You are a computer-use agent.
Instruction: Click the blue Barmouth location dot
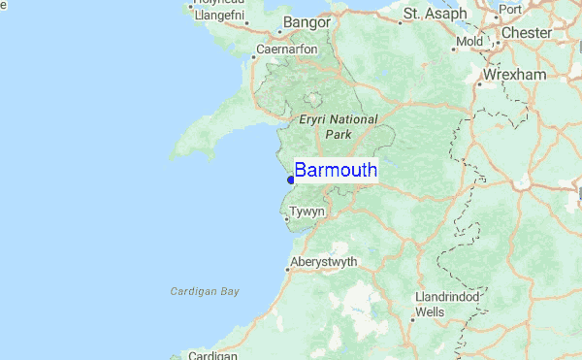291,180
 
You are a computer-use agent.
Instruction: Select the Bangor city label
307,21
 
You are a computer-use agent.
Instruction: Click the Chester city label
527,33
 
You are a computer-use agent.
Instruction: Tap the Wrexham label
518,75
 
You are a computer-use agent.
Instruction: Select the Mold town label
469,42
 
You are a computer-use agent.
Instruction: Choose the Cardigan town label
213,355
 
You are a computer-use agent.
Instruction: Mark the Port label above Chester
511,10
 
